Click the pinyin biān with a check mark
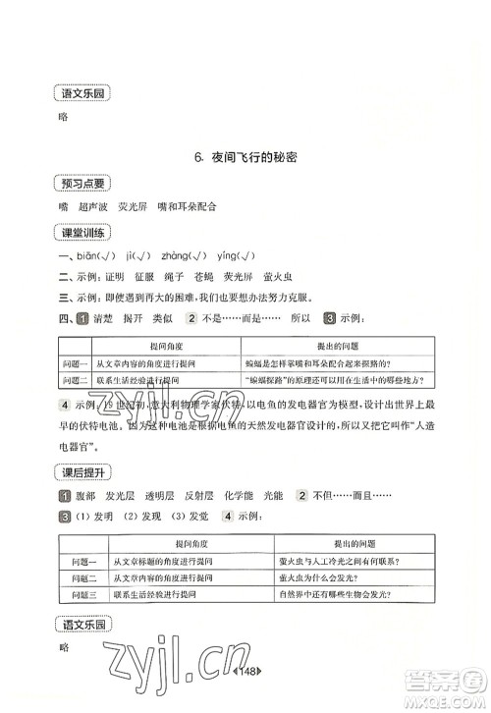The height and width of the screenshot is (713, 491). click(x=99, y=254)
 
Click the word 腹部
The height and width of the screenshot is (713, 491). click(x=85, y=496)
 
